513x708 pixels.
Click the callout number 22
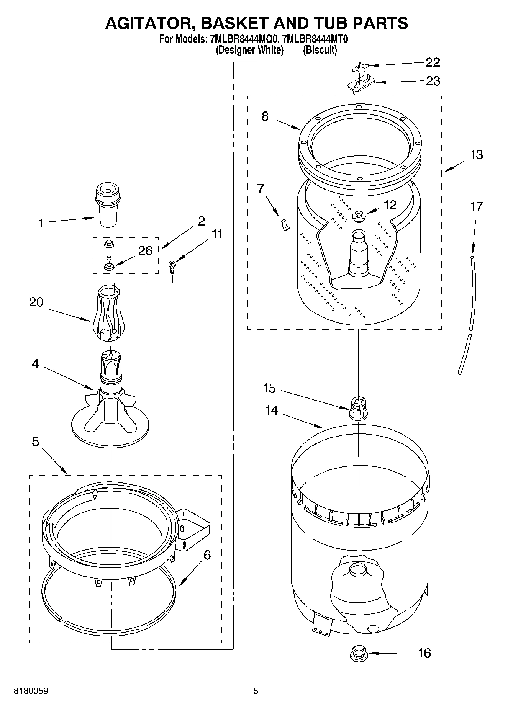[x=433, y=62]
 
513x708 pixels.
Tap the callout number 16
[x=424, y=653]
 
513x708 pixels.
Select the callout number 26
[x=145, y=251]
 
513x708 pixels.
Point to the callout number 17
[x=476, y=207]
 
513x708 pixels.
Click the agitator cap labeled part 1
[x=108, y=205]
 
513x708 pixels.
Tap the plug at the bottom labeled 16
[x=359, y=652]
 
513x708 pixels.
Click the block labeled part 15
[x=358, y=409]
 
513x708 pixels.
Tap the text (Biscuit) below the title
[x=320, y=50]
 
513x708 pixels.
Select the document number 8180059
[x=31, y=691]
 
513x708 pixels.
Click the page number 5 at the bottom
[x=256, y=691]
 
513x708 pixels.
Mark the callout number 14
[x=271, y=410]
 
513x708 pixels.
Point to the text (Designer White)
[x=249, y=50]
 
